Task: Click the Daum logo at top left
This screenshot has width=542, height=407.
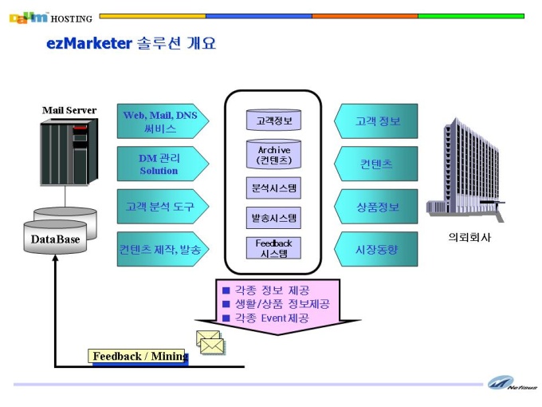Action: click(29, 18)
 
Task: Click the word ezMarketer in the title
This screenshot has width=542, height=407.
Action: click(89, 44)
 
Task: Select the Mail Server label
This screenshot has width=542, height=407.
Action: click(69, 110)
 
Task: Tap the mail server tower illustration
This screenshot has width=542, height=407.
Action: click(69, 152)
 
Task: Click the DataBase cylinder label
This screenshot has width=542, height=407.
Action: click(55, 239)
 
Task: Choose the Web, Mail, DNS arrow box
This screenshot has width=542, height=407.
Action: click(163, 121)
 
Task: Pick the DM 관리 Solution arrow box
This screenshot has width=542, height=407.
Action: click(163, 164)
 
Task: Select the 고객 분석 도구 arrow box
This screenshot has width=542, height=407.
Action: click(163, 206)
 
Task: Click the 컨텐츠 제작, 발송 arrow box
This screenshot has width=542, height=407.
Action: click(163, 249)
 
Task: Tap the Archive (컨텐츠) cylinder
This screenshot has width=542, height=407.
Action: click(273, 154)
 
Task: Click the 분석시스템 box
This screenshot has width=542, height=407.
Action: click(273, 188)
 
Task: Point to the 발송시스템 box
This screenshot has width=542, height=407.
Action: click(273, 218)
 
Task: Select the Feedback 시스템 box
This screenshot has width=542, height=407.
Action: click(273, 248)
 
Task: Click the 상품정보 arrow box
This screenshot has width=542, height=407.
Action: click(376, 206)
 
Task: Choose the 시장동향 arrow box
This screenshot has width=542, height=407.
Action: click(376, 249)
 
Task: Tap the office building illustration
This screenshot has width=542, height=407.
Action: click(465, 169)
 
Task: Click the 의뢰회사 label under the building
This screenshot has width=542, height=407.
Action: click(469, 238)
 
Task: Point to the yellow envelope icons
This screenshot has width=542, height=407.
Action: click(210, 342)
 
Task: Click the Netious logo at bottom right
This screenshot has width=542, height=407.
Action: click(512, 383)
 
